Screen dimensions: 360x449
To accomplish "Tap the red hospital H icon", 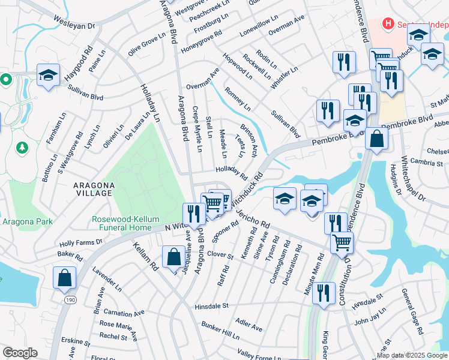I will [388, 23].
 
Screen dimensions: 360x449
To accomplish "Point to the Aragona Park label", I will [27, 221].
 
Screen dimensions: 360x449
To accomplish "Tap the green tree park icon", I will [22, 147].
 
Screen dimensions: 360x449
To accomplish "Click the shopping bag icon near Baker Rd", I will [64, 278].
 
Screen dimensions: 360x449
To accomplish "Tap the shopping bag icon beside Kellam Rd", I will [173, 256].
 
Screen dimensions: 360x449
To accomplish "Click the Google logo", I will [20, 353].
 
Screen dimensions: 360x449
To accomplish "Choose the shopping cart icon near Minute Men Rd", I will [341, 242].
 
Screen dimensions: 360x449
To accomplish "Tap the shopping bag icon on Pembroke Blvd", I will [376, 139].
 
